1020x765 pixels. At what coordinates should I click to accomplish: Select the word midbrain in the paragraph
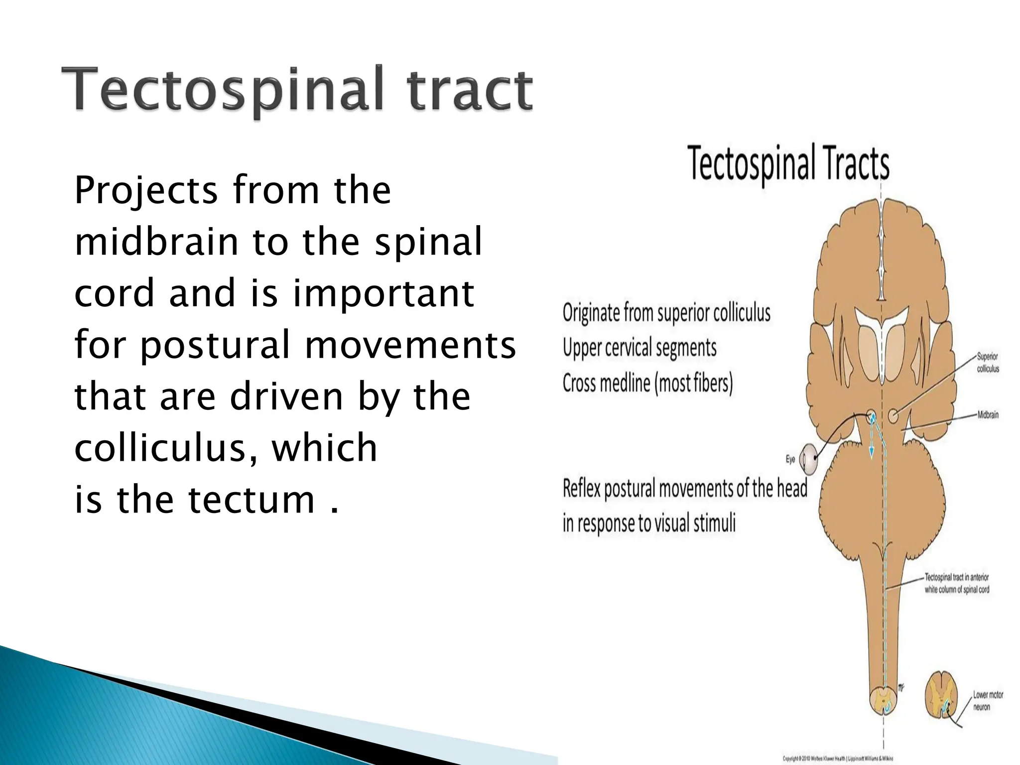(x=156, y=242)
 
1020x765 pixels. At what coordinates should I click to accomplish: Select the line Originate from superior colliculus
(x=666, y=313)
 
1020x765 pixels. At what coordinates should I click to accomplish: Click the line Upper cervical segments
(x=639, y=348)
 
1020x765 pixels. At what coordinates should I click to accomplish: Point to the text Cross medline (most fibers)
(x=647, y=383)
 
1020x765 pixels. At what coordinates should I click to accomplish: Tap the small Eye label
(x=790, y=459)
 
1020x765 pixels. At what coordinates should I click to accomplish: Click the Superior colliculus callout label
(x=988, y=363)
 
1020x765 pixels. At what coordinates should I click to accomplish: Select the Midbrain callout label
(x=988, y=415)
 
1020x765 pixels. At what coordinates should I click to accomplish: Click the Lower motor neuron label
(x=988, y=701)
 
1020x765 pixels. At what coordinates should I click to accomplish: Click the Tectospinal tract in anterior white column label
(x=957, y=583)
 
